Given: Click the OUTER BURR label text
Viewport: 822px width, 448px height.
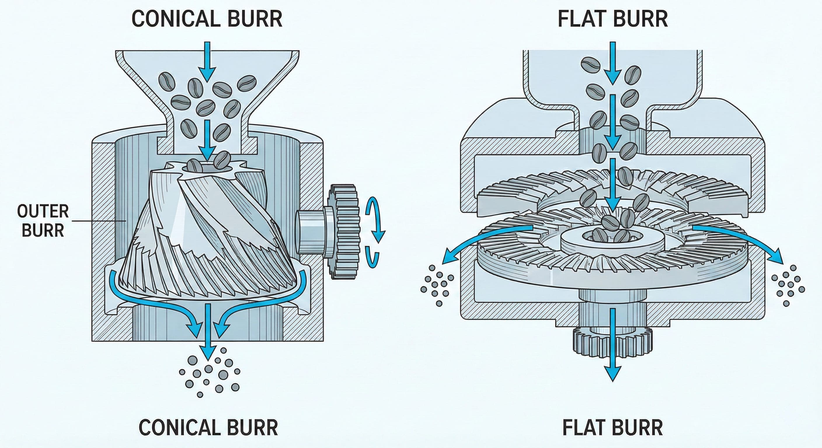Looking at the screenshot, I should tap(43, 221).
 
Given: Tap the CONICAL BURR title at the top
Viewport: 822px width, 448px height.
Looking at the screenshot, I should tap(207, 19).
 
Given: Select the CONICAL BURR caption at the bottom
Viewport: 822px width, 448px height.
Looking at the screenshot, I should tap(208, 428).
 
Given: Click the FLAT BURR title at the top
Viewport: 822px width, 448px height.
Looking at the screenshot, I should tap(613, 19).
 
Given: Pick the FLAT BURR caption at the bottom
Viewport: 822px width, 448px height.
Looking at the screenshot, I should tap(612, 428).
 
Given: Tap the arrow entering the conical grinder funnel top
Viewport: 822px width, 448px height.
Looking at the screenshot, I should tap(208, 61).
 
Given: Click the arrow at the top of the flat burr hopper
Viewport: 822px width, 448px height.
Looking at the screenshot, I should tap(612, 64).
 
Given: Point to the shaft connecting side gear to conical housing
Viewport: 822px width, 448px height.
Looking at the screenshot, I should tap(311, 231).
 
